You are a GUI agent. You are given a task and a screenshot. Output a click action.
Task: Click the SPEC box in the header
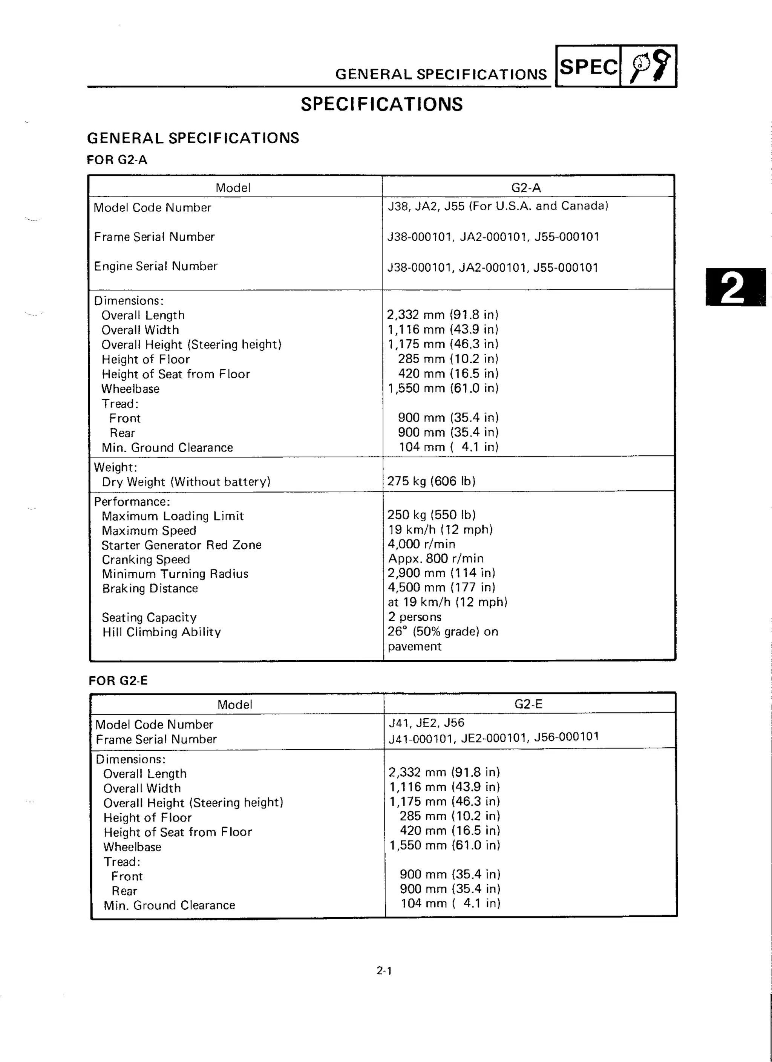coord(588,66)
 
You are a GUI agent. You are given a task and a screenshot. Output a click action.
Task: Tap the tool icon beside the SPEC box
coord(649,66)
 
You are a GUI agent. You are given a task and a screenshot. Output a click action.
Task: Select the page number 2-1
coord(384,971)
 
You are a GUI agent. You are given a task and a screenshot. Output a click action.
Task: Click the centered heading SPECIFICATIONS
coord(381,104)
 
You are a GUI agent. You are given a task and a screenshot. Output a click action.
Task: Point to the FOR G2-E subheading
coord(118,680)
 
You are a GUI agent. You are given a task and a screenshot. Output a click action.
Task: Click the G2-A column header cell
coord(526,188)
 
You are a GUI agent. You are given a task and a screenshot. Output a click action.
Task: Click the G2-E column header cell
coord(528,704)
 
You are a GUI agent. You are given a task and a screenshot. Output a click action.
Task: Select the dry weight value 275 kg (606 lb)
coord(431,481)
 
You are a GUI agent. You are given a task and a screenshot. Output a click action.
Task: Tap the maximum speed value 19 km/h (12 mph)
coord(440,529)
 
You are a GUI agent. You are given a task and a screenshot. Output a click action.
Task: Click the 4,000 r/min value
coord(421,544)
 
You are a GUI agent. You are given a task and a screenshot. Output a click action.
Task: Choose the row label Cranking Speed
coord(146,560)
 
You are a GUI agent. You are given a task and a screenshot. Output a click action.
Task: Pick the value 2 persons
coord(414,617)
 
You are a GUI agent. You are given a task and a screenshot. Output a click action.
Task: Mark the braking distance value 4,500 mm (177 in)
coord(441,587)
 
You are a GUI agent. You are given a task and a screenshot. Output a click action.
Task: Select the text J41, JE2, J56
coord(426,723)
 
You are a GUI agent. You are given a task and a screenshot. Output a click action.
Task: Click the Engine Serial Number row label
coord(156,266)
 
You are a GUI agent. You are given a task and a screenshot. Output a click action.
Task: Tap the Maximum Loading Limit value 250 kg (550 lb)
coord(431,515)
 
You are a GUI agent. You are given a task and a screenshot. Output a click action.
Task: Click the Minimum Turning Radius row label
coord(175,574)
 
